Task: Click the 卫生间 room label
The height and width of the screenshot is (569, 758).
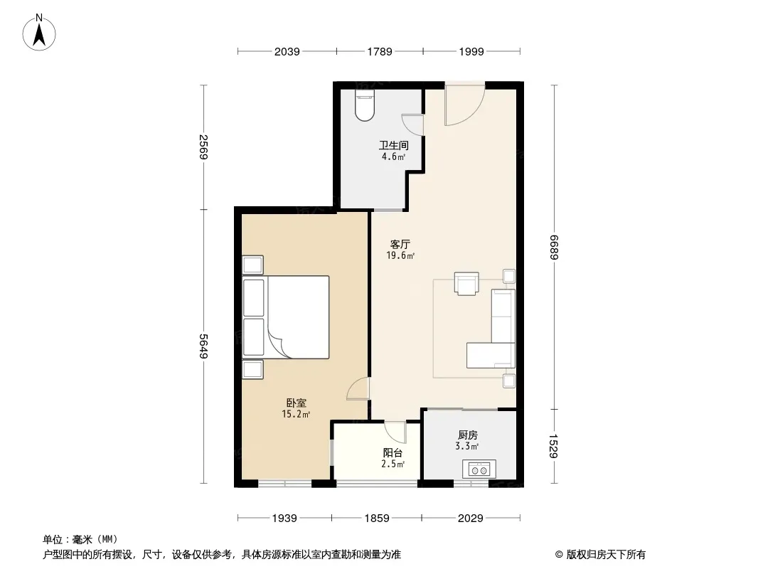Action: pos(393,145)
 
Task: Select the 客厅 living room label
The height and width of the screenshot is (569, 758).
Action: pos(400,244)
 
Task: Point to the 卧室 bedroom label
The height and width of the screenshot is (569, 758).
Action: pos(296,403)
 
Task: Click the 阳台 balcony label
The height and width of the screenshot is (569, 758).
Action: pos(393,453)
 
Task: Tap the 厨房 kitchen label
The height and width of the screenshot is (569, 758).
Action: pos(467,435)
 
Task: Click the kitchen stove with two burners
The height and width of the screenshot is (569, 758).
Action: pos(479,469)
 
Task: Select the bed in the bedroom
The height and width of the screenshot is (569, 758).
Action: pos(286,317)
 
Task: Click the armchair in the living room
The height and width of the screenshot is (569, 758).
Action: pos(466,283)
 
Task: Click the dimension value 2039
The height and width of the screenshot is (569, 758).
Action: pos(287,51)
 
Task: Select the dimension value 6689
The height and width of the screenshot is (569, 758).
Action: pos(554,248)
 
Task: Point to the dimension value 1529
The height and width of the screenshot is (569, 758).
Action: pos(554,446)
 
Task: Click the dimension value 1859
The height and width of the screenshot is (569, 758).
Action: pos(377,519)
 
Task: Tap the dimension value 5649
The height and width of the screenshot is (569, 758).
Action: pos(203,346)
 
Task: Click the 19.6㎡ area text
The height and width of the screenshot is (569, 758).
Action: pos(400,256)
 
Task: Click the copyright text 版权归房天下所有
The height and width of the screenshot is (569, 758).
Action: pos(605,555)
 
